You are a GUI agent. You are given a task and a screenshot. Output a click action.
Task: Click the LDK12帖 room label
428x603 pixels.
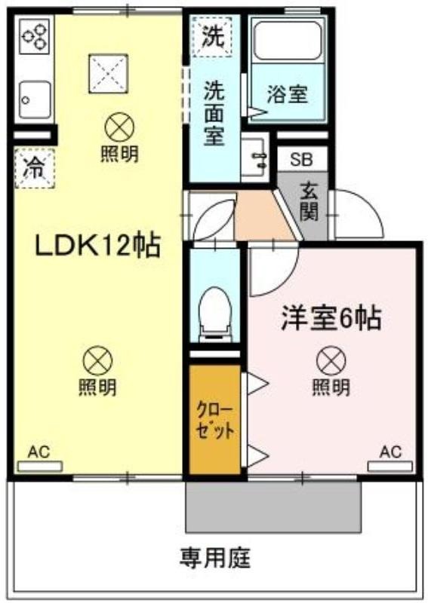(98, 246)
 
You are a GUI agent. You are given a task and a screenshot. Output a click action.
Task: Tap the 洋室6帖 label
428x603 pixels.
(331, 318)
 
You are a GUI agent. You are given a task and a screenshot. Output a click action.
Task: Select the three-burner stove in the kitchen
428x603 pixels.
(34, 37)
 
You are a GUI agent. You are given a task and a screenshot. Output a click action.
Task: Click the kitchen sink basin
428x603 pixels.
(35, 99)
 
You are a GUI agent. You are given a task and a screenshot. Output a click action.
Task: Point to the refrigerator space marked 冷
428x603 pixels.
(35, 168)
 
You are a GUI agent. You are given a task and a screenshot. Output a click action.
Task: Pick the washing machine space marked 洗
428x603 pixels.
(212, 37)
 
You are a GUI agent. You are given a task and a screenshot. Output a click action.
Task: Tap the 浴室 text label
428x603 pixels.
(288, 94)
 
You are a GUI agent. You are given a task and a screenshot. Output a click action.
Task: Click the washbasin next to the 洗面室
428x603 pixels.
(254, 158)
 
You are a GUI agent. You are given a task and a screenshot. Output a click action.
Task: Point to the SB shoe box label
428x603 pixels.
(302, 159)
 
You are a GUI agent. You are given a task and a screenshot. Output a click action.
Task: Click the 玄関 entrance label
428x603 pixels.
(309, 202)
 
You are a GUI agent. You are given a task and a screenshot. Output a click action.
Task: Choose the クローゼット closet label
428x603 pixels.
(214, 421)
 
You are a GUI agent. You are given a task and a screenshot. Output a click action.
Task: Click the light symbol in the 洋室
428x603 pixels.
(331, 361)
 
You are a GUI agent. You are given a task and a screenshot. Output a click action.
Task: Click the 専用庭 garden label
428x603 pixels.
(214, 558)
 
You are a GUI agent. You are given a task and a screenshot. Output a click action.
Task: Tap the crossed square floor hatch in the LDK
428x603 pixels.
(108, 73)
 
